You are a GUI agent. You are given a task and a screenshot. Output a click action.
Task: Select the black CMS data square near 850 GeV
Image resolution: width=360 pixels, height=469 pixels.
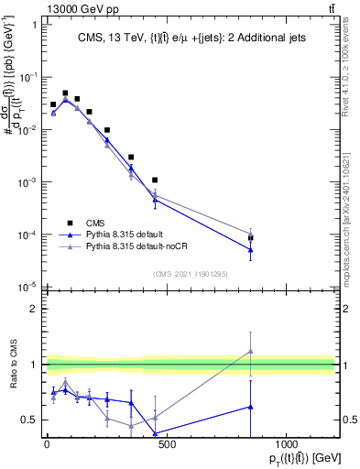[250, 238]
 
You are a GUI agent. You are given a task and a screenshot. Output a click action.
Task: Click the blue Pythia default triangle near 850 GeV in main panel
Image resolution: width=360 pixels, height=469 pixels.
[250, 250]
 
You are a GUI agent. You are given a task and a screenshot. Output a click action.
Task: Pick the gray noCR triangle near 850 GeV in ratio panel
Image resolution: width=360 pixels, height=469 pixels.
[250, 351]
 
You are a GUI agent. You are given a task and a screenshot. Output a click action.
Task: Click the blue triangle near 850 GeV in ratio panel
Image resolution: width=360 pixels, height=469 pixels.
[250, 406]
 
